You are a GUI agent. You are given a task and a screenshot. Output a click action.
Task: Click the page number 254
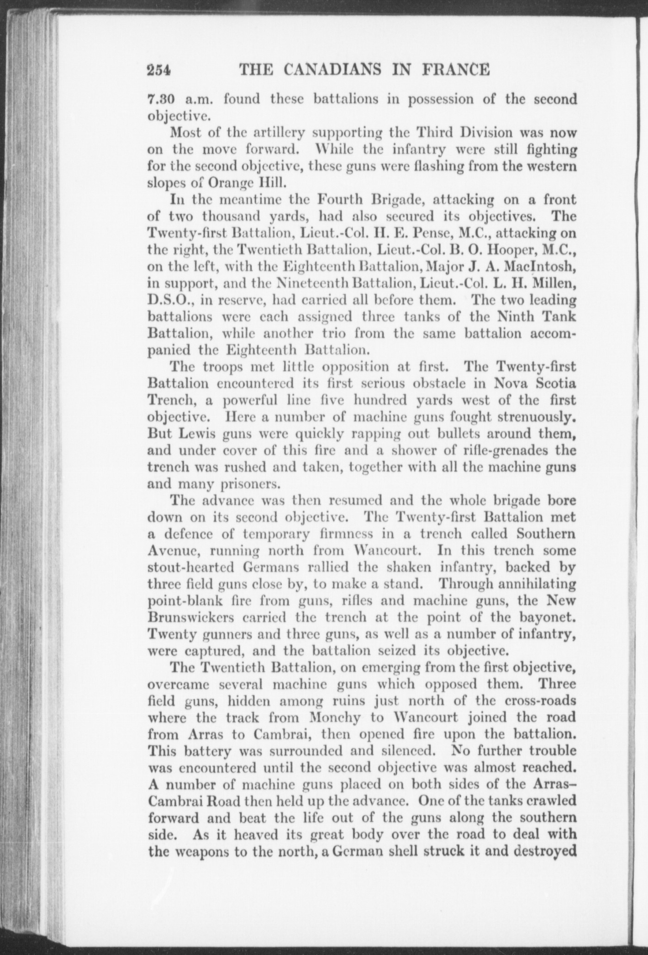(159, 70)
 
